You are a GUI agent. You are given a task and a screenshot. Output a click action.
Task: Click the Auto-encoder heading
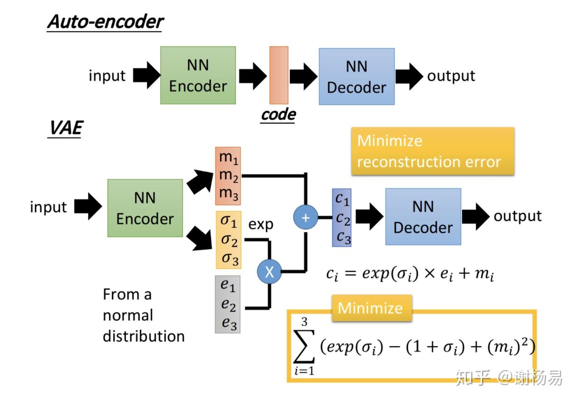pos(105,22)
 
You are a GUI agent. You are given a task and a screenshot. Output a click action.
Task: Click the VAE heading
pos(65,128)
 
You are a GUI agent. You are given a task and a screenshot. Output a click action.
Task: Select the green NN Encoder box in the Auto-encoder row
pos(198,75)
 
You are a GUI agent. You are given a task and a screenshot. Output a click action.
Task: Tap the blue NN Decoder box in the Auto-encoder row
pos(356,77)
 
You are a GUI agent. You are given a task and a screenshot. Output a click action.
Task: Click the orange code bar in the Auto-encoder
pos(279,75)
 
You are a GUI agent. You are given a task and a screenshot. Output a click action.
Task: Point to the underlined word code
pos(278,115)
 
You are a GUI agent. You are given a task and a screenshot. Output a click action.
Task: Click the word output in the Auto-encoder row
pos(451,76)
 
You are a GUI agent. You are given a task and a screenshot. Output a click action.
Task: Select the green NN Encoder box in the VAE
pos(145,208)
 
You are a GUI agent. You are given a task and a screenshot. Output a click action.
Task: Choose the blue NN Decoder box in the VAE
pos(423,216)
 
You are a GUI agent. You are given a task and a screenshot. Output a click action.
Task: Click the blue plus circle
pos(306,218)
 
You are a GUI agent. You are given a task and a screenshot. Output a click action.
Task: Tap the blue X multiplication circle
pos(269,272)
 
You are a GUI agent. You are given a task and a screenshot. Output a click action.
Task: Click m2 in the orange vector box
pos(228,175)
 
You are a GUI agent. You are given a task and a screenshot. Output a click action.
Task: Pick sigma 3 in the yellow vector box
pos(229,259)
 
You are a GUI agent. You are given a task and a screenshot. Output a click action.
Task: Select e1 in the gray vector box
pos(228,286)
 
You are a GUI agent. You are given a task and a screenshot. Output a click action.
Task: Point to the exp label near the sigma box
pos(261,224)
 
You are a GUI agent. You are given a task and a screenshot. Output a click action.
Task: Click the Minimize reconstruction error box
pos(432,151)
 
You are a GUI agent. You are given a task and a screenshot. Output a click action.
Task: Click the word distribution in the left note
pos(144,336)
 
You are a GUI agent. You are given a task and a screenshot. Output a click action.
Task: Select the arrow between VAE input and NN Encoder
pos(88,206)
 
